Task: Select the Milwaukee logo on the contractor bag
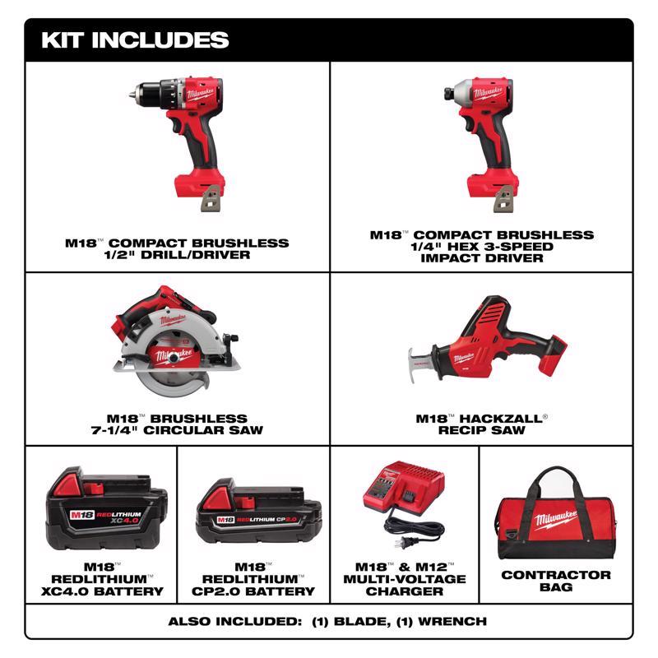click(558, 519)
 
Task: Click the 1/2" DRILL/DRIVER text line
click(177, 255)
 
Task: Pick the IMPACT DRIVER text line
click(481, 258)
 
